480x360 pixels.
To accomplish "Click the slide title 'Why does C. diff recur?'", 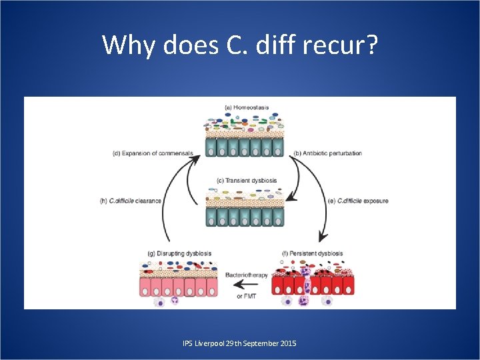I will coord(240,45).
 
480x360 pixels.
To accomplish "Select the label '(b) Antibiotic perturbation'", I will coord(328,153).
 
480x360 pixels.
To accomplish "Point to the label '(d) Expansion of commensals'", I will coord(153,153).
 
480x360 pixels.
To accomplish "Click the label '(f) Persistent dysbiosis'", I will coord(313,253).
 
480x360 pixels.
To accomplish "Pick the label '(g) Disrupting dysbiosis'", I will coord(179,253).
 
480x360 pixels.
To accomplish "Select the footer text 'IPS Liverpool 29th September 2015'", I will coord(239,343).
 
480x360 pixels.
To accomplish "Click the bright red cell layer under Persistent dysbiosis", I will coord(313,285).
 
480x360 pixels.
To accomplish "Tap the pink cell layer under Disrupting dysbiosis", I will coord(179,287).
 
